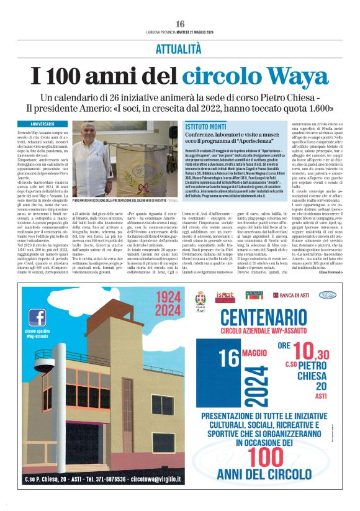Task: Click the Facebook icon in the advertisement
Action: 38,317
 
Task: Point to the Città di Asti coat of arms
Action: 200,299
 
